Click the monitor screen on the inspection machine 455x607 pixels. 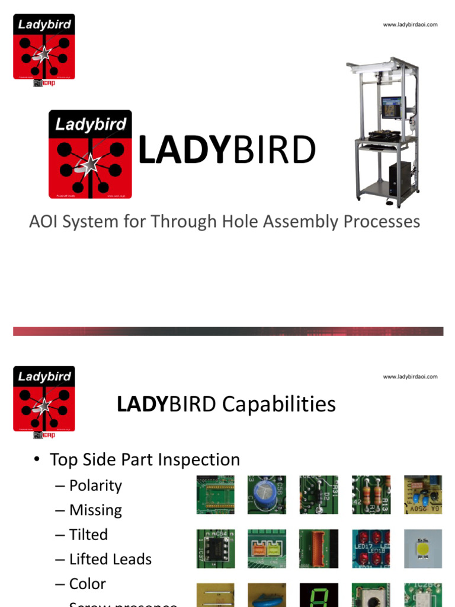(x=390, y=108)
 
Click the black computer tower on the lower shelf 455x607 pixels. (x=399, y=177)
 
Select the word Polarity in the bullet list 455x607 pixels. (x=95, y=485)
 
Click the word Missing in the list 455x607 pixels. (x=95, y=510)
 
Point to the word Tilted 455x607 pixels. (x=88, y=535)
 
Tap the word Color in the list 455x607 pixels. (x=88, y=584)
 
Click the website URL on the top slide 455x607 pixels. (x=410, y=24)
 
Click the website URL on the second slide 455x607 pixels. (x=410, y=376)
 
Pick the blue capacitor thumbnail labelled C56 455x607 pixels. (x=267, y=494)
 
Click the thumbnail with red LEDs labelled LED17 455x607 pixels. (x=371, y=548)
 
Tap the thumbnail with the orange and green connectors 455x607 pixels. (x=267, y=548)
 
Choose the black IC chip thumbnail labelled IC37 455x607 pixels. (x=216, y=548)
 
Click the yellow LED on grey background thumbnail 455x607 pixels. (x=423, y=548)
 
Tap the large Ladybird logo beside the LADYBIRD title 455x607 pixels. (x=90, y=154)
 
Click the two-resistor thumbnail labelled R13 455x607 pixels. (x=371, y=494)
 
